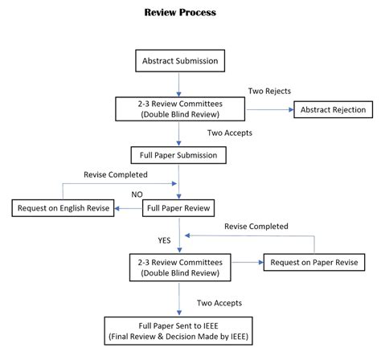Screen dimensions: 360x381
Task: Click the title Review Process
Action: click(x=179, y=13)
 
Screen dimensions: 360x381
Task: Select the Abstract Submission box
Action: click(x=179, y=60)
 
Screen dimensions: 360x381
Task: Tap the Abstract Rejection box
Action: click(x=334, y=109)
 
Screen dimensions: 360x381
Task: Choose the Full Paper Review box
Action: click(x=178, y=209)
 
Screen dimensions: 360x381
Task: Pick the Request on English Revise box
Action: click(x=63, y=209)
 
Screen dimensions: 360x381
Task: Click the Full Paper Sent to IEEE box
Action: click(x=178, y=330)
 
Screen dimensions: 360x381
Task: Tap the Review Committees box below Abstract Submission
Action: click(x=178, y=109)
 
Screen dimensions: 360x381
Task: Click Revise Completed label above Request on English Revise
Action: click(x=114, y=174)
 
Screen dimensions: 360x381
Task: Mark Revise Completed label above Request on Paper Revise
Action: click(x=255, y=227)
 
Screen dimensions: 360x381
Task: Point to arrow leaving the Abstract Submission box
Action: click(x=179, y=83)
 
